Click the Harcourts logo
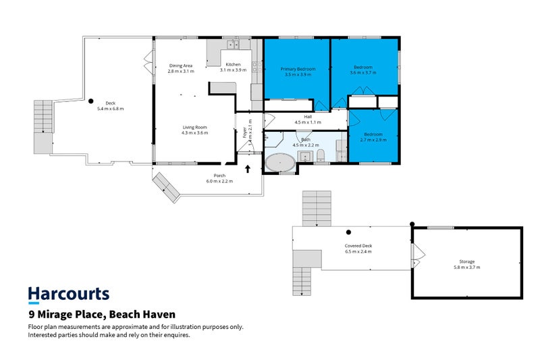click(x=68, y=294)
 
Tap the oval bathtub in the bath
click(x=279, y=163)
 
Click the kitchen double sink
click(x=232, y=45)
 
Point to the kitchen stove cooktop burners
click(x=256, y=67)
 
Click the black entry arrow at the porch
click(x=248, y=170)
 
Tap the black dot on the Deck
click(x=91, y=101)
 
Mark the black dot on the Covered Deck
click(x=349, y=232)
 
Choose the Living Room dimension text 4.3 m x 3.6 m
click(x=194, y=133)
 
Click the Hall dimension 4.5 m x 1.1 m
click(x=308, y=122)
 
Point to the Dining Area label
click(x=181, y=65)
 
